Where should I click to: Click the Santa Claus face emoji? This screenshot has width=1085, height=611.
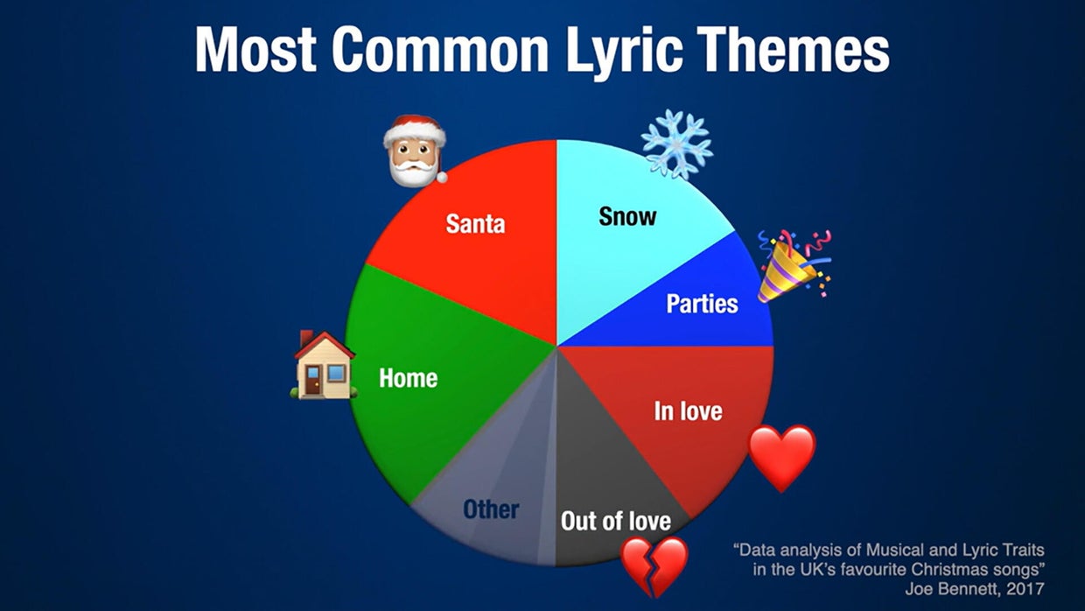(414, 151)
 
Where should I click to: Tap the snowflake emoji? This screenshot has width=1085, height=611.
(676, 144)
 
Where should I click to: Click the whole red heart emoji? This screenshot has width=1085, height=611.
(781, 456)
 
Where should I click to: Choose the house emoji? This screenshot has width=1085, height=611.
(324, 366)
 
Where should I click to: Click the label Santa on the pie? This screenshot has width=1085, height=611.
(475, 223)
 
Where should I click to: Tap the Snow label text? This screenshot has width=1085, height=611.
(627, 215)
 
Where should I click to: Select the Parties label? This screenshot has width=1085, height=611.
(702, 304)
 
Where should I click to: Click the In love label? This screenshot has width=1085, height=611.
(689, 411)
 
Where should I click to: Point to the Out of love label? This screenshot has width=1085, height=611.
(616, 522)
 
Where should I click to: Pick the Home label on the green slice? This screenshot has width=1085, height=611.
(408, 378)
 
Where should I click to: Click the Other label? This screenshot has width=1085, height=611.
(491, 509)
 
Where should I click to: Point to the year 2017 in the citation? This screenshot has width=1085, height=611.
(1025, 588)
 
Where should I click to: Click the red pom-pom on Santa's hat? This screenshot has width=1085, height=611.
(441, 178)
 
